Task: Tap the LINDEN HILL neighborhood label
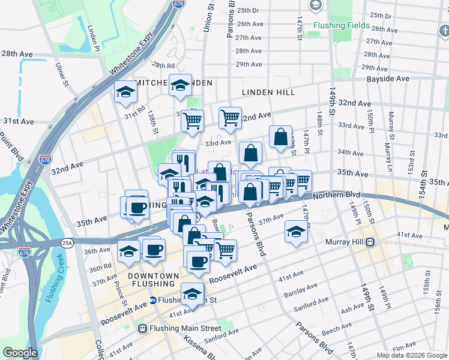[x=268, y=92]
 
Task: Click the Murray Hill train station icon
[x=370, y=242]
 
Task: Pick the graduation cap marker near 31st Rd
[x=126, y=92]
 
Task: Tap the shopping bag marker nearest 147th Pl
[x=281, y=137]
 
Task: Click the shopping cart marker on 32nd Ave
[x=230, y=118]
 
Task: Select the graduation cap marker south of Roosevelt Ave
[x=192, y=294]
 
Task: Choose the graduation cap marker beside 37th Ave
[x=295, y=231]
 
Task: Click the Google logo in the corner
[x=20, y=353]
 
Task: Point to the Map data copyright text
[x=411, y=355]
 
